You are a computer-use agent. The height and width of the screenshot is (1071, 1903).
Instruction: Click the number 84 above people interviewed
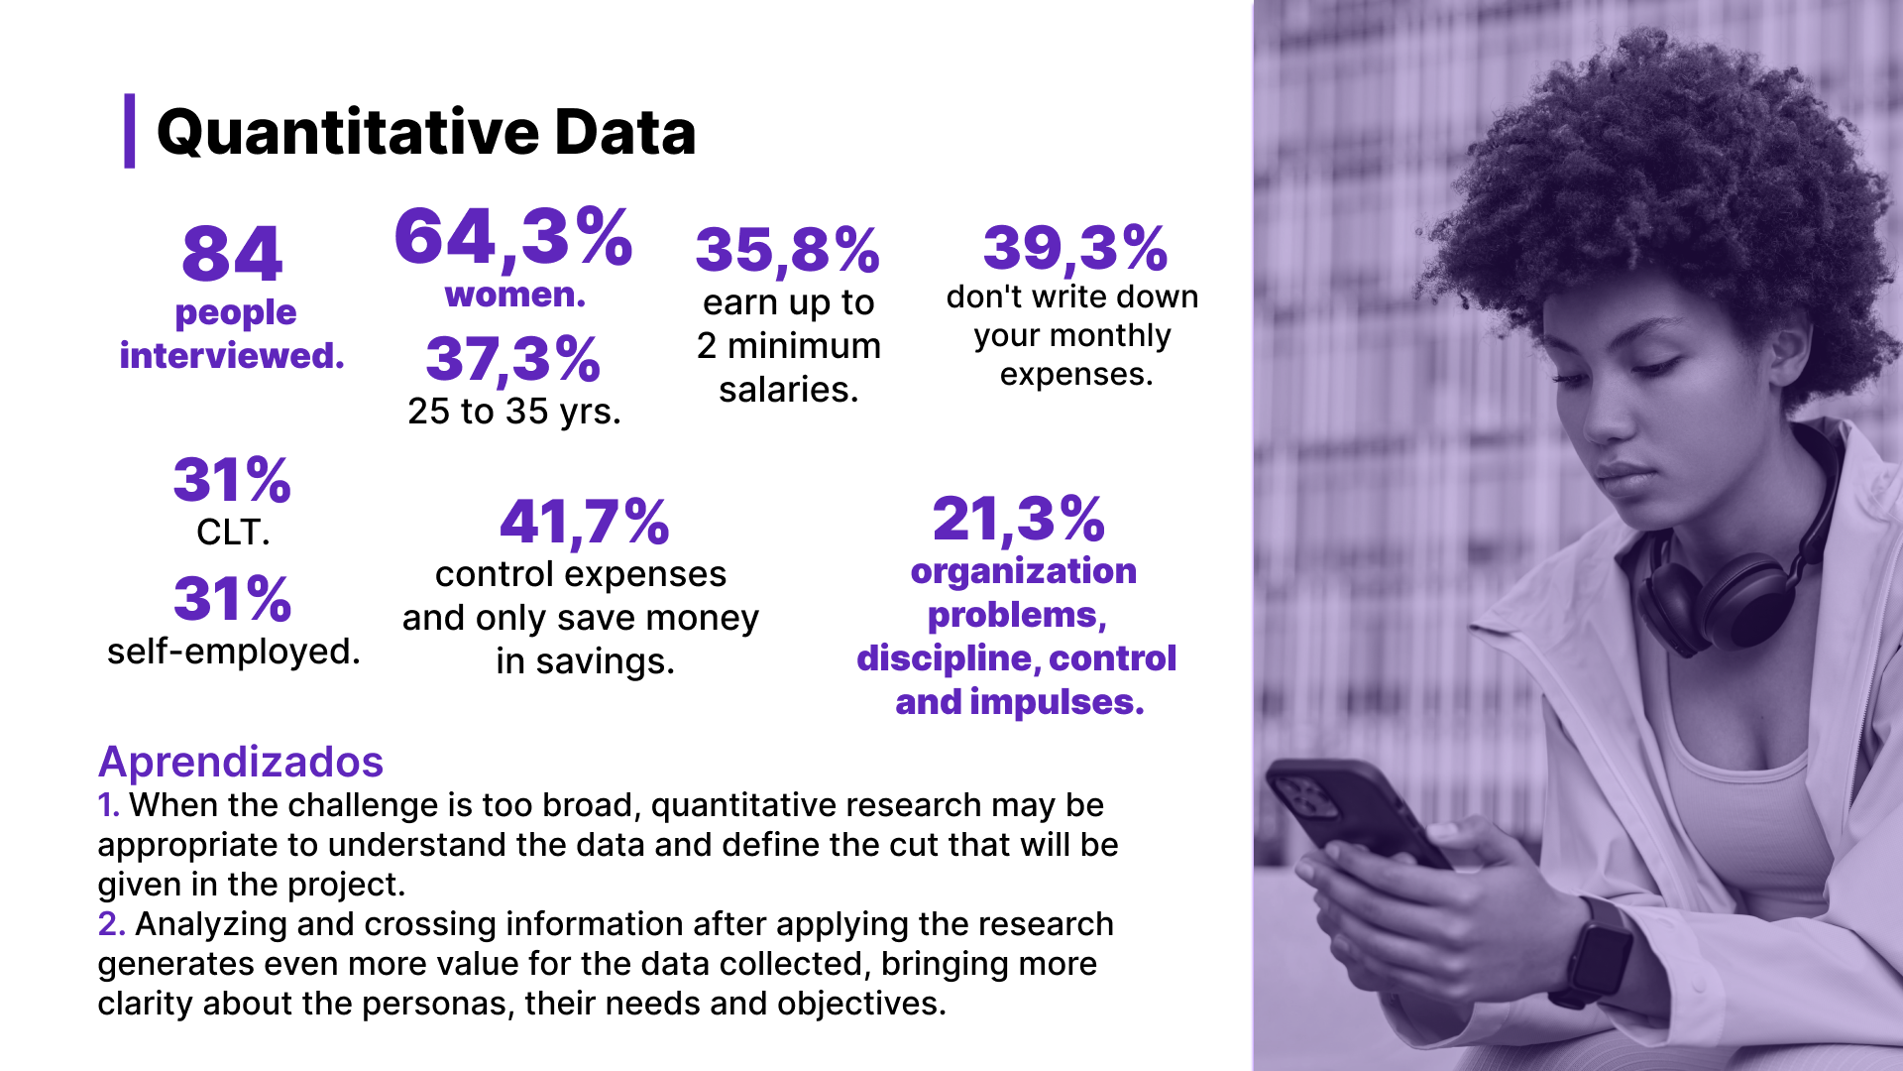point(232,254)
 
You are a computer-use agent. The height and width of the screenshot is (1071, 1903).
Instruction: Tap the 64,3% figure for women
point(512,238)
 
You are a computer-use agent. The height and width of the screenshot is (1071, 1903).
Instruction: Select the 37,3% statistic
point(512,359)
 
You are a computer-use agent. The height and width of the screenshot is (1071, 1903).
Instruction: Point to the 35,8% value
point(787,250)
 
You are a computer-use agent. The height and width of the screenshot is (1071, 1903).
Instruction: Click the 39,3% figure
point(1074,248)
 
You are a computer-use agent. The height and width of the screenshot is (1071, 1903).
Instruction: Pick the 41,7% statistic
point(584,523)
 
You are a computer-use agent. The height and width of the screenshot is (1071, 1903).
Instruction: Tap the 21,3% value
point(1018,520)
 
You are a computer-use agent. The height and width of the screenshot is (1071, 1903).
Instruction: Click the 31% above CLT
point(232,481)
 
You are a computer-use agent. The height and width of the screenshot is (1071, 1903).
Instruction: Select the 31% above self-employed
point(232,600)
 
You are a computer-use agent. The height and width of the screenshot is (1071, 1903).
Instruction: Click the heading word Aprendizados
point(240,762)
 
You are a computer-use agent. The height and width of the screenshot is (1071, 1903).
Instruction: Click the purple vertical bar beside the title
point(129,131)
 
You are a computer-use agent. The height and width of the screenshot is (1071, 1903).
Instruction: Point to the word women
point(514,296)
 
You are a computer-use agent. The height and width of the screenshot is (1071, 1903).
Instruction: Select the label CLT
point(232,533)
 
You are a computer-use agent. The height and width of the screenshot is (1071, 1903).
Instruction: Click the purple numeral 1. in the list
point(108,805)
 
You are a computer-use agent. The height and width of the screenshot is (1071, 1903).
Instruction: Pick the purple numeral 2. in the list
point(110,924)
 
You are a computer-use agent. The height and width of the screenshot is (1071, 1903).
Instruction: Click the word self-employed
point(233,652)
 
